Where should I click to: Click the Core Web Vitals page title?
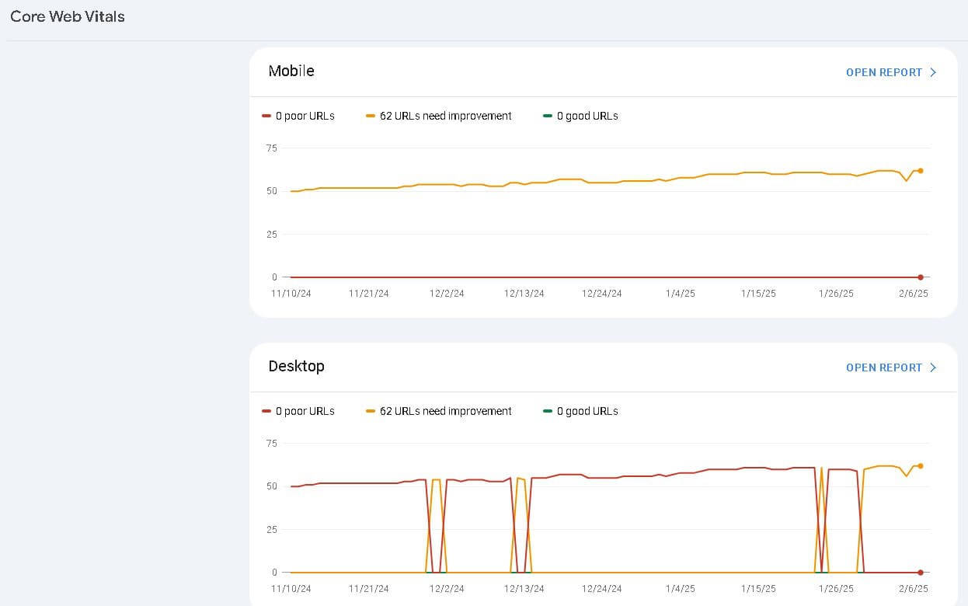point(68,16)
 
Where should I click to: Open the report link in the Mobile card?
point(890,72)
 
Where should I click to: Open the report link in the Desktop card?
point(890,367)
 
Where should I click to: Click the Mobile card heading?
point(291,71)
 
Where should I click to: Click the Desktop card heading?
point(296,366)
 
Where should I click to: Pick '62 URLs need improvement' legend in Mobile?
point(445,116)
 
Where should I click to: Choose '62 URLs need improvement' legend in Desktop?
point(445,411)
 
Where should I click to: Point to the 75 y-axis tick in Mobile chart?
point(271,148)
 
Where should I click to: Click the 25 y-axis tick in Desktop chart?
point(271,530)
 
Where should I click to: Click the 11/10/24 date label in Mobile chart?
point(291,294)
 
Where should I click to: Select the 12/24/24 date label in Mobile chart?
point(602,294)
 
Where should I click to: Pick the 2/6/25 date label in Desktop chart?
point(914,589)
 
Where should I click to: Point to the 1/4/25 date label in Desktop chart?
point(681,589)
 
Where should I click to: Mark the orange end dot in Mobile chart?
point(921,171)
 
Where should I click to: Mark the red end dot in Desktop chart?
point(921,573)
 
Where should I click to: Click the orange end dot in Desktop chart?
point(921,466)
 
